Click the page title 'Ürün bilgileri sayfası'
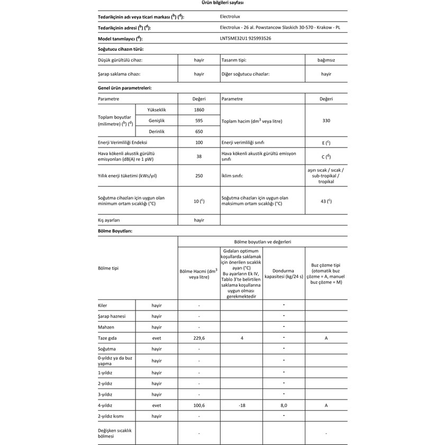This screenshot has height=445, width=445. click(x=223, y=3)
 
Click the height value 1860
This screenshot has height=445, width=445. click(x=199, y=110)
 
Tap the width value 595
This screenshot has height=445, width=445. click(x=199, y=121)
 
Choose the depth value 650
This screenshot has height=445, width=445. click(x=199, y=131)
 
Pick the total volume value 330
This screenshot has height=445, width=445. click(x=326, y=121)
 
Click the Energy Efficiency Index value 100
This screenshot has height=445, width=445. click(x=199, y=143)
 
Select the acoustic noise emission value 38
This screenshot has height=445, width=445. click(x=199, y=157)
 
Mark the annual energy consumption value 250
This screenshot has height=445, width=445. click(x=199, y=176)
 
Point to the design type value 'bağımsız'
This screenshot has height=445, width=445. click(x=326, y=60)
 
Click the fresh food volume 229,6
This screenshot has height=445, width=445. click(x=199, y=338)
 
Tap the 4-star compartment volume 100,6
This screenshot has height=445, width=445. click(x=199, y=405)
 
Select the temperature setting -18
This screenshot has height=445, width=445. click(x=241, y=405)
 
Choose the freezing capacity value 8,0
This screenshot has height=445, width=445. click(x=284, y=405)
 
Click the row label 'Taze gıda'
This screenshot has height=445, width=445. click(x=107, y=338)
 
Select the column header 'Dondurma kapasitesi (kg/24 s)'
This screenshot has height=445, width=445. click(x=284, y=273)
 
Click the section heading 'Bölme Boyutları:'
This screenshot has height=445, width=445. click(x=115, y=231)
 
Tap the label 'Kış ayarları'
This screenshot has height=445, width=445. click(x=110, y=220)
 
